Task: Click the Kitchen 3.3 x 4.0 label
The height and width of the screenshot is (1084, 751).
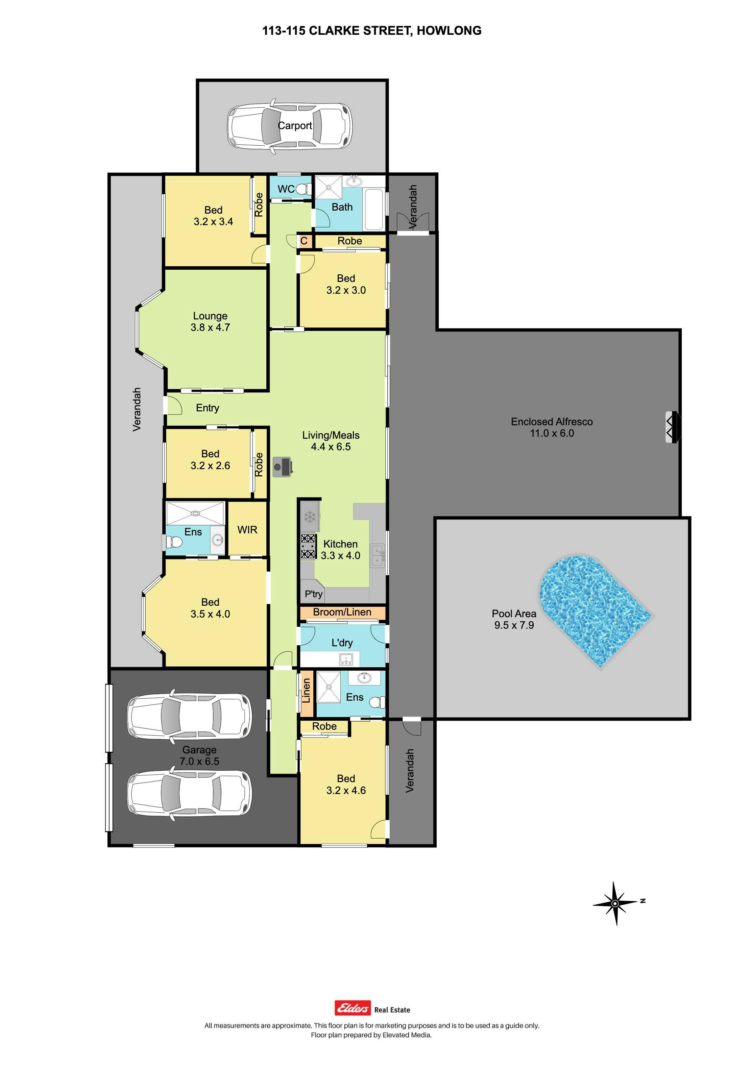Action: click(340, 550)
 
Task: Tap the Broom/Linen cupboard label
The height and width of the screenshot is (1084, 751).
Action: click(342, 612)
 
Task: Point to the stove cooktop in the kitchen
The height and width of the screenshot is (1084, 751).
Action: click(308, 546)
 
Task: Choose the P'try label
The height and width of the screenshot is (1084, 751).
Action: click(313, 594)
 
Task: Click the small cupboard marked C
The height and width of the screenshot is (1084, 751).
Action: click(304, 241)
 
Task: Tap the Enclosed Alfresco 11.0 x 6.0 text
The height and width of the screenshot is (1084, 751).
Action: click(552, 427)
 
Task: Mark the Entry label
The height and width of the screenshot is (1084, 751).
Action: click(208, 408)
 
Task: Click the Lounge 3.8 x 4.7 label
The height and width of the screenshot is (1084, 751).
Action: click(210, 322)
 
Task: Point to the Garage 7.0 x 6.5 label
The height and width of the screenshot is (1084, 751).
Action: click(199, 755)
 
